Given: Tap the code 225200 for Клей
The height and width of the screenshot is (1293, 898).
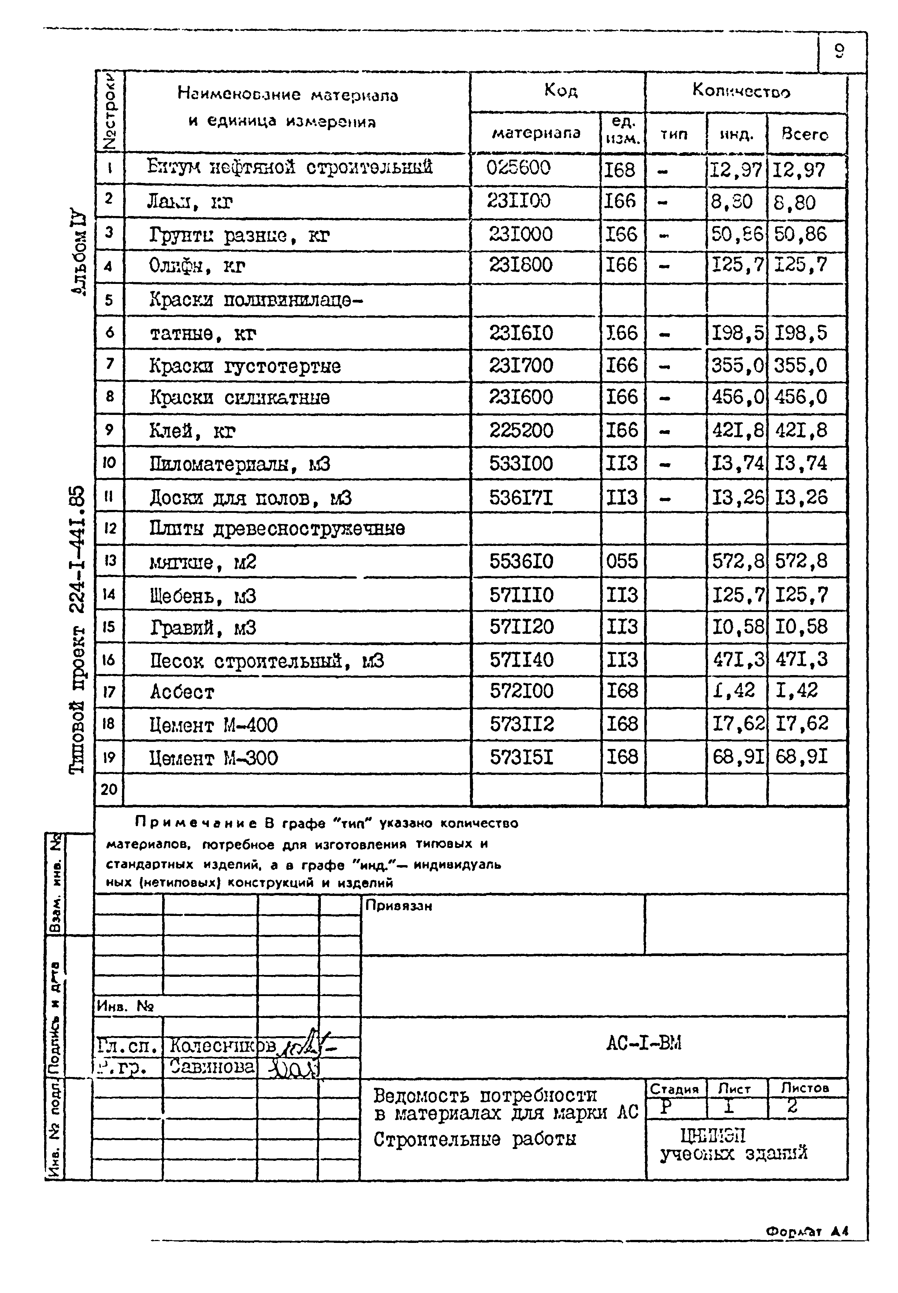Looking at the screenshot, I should (x=521, y=431).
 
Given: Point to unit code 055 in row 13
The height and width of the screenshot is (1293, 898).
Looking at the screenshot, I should (x=622, y=561).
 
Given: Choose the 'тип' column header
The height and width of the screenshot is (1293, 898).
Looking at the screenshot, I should (x=674, y=135).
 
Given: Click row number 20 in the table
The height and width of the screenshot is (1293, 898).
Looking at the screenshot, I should (x=109, y=789).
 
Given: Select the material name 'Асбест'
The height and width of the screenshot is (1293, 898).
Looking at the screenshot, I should (x=182, y=692).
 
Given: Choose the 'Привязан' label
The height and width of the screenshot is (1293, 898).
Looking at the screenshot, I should (x=398, y=906).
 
